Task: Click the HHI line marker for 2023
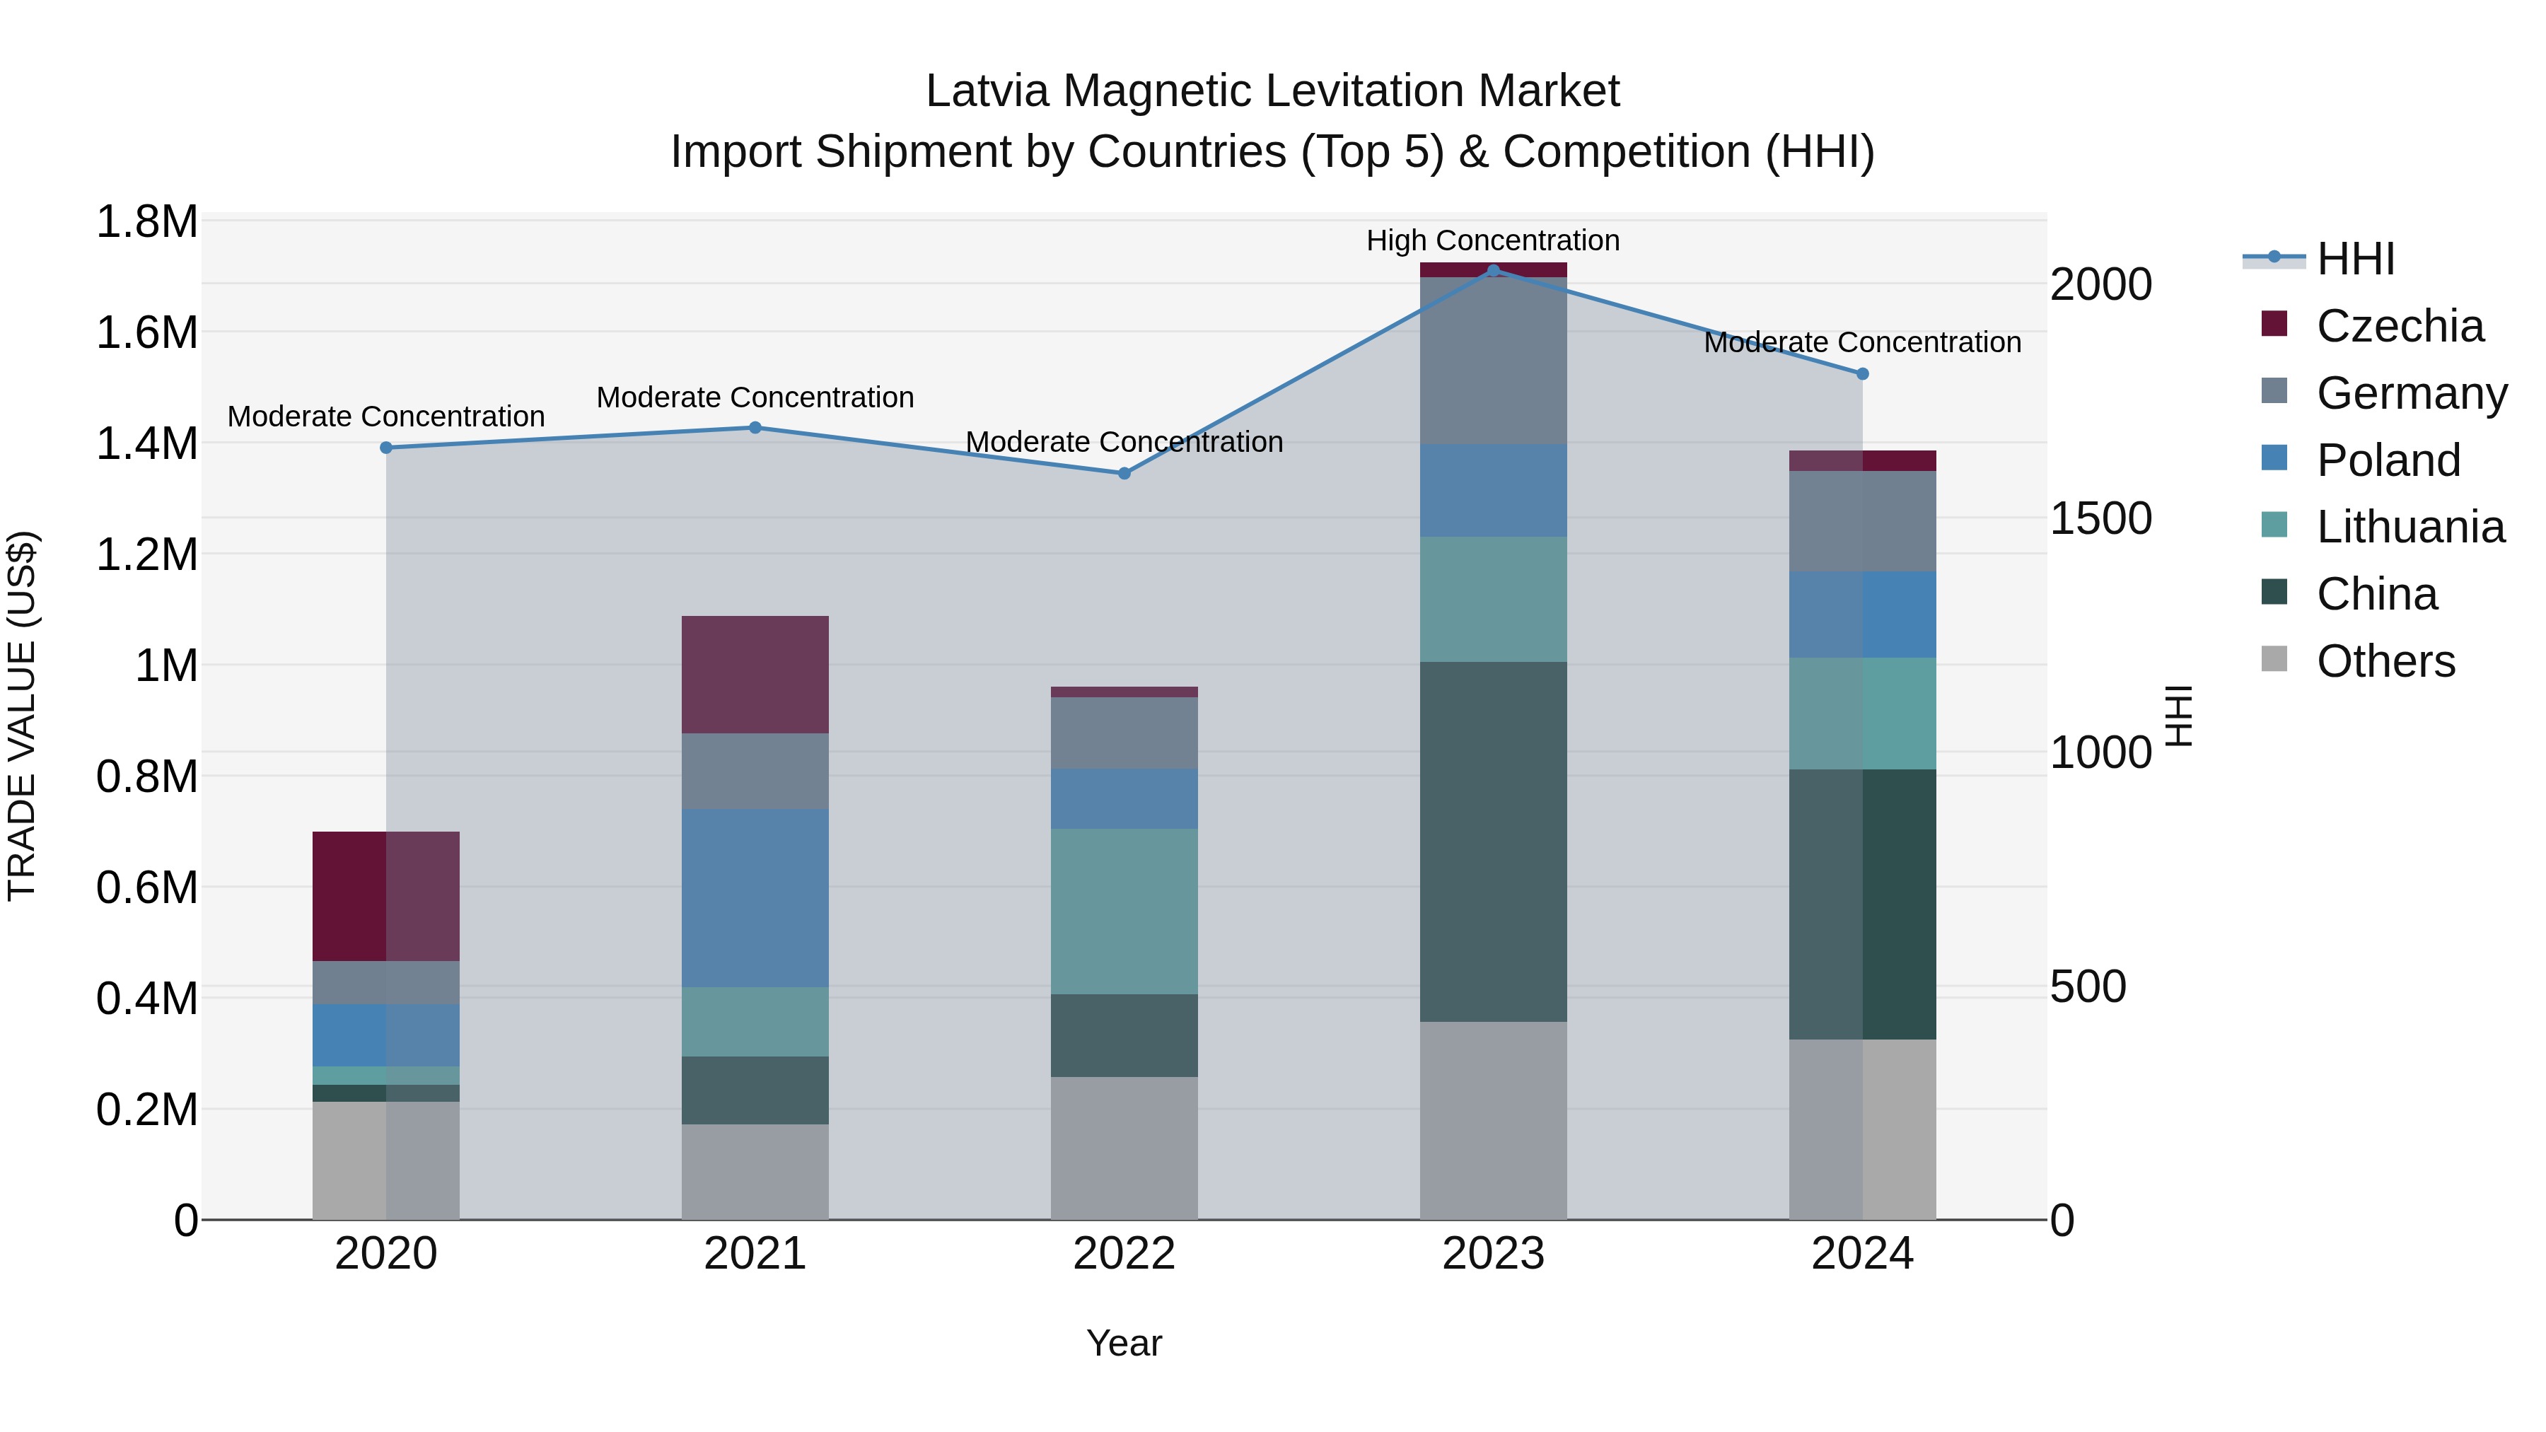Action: (1494, 270)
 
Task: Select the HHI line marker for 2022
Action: (1124, 473)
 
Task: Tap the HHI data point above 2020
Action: (386, 448)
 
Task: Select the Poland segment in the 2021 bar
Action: (755, 897)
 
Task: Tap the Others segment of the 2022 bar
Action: (1124, 1148)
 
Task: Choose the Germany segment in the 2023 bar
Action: (1494, 361)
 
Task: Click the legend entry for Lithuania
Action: (2410, 527)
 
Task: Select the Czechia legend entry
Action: (2399, 325)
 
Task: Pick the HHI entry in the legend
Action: (2354, 259)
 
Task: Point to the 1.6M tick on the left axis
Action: (146, 333)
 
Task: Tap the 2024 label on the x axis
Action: (1862, 1254)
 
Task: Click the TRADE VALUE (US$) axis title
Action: (23, 716)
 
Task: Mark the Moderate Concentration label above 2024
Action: (1862, 342)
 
